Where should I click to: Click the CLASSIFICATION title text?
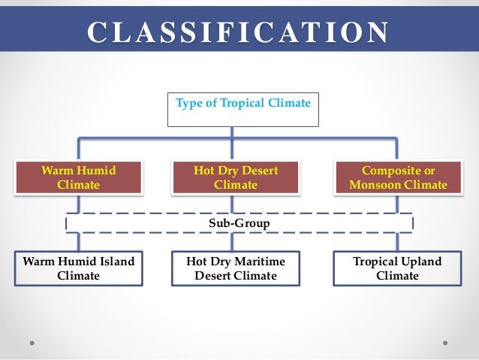[x=239, y=33]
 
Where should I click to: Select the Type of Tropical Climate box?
[x=243, y=108]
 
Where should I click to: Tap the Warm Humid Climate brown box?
[x=78, y=177]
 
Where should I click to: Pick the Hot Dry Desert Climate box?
[x=235, y=177]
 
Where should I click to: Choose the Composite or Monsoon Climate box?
[x=398, y=177]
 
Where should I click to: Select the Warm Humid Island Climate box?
[x=78, y=268]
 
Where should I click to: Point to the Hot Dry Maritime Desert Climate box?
[x=235, y=268]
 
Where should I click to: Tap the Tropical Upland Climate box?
[x=398, y=268]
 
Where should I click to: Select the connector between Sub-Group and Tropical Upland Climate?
[x=398, y=241]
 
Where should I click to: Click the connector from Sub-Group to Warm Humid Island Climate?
[x=78, y=241]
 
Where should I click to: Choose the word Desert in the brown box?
[x=259, y=171]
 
